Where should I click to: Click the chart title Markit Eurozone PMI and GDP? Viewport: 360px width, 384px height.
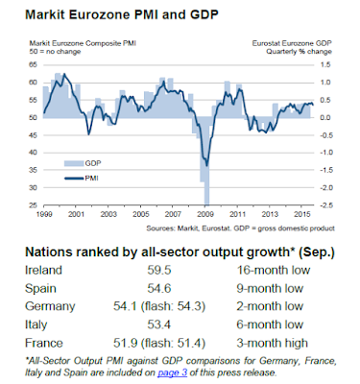coord(122,14)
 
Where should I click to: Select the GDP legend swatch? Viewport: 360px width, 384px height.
coord(74,163)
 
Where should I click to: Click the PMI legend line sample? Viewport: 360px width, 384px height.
coord(74,179)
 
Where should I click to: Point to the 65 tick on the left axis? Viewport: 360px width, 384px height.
coord(34,65)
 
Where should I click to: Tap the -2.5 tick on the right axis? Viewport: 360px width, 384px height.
coord(324,205)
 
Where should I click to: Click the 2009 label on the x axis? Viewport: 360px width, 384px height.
coord(205,214)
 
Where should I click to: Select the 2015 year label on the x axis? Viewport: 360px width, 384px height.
coord(301,214)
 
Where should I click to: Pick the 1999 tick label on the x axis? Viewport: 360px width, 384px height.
coord(44,214)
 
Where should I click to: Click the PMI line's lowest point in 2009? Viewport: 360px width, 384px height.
coord(206,165)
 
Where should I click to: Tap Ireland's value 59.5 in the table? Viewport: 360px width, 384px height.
coord(159,270)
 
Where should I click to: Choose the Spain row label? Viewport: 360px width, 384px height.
coord(40,289)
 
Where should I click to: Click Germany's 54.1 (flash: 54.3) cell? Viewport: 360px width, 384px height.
coord(159,306)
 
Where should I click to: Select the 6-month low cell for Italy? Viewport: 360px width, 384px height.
coord(270,324)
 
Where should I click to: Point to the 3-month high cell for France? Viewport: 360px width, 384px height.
coord(272,343)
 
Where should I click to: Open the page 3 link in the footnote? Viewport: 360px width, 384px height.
coord(172,372)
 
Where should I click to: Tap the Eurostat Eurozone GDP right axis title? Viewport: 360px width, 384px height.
coord(292,43)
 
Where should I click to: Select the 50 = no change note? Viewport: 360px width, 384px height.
coord(55,52)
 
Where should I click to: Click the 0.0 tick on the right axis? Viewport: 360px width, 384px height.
coord(325,118)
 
